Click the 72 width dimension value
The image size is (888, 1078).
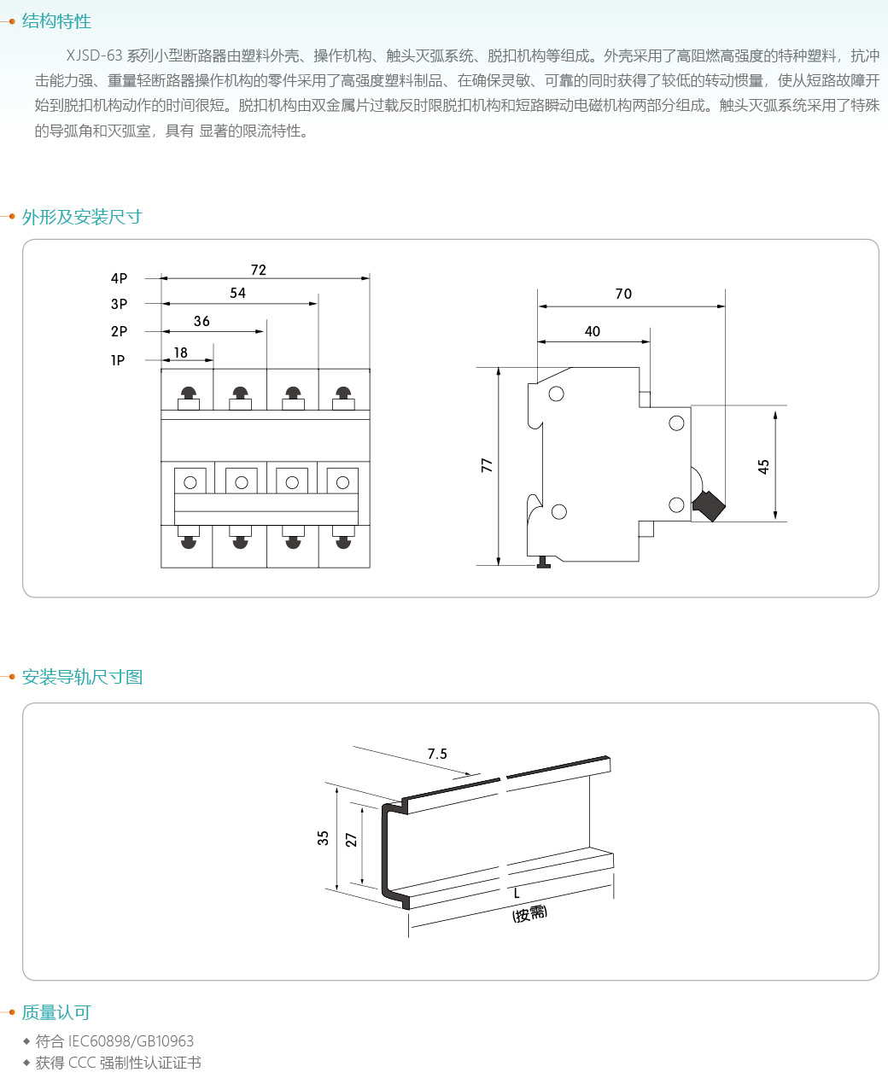[259, 270]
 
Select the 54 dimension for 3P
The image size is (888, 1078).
[238, 293]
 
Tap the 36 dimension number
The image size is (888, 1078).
[202, 321]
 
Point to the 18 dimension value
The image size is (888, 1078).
[180, 353]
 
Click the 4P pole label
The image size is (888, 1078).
[119, 278]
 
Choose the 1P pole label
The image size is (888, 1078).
[118, 360]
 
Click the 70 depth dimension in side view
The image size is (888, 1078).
[623, 294]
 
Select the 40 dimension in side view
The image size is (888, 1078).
[593, 331]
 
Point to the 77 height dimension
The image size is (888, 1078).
[487, 465]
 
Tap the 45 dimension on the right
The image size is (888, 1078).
[763, 466]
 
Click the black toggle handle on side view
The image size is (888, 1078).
[709, 505]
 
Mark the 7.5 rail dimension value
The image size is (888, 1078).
[437, 754]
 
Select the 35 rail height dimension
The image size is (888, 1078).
[323, 838]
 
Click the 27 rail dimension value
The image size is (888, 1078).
[351, 840]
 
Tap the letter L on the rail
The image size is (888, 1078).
[517, 893]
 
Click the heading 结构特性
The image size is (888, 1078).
[56, 21]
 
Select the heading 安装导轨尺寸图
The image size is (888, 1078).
[82, 677]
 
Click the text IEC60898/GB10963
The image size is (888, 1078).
[131, 1041]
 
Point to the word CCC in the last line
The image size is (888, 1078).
[82, 1063]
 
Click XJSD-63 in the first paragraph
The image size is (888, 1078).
[94, 56]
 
